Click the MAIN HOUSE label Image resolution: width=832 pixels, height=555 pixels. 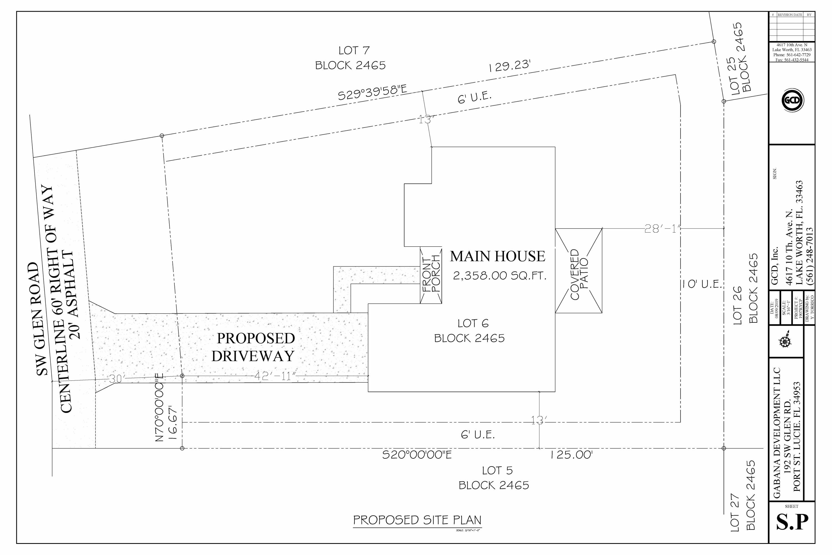click(497, 256)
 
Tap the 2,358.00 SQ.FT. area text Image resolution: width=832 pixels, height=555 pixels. click(499, 276)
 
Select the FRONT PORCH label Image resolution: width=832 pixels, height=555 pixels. click(431, 275)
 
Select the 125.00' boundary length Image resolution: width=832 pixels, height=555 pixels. click(571, 455)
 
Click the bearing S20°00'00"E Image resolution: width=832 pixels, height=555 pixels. click(417, 455)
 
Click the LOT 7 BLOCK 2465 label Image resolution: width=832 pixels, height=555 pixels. click(351, 58)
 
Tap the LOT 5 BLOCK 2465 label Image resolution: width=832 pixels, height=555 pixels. click(494, 478)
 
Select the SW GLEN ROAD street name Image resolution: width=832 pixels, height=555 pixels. click(42, 319)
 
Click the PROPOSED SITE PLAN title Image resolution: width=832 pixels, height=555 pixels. click(417, 520)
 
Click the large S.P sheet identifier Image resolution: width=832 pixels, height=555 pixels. click(792, 522)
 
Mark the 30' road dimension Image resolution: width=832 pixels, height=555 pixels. click(116, 379)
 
